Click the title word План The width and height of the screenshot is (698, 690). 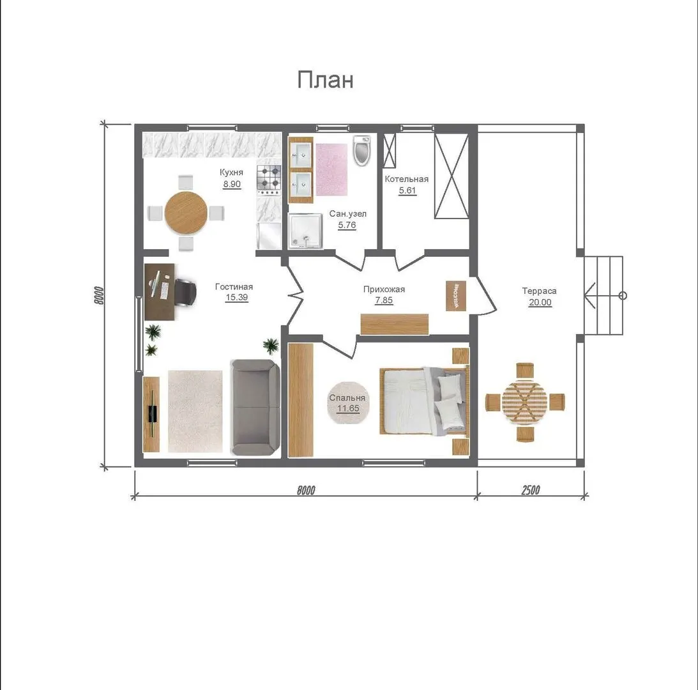point(326,80)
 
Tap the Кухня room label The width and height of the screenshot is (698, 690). point(231,172)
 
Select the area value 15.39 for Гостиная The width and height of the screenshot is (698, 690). point(236,297)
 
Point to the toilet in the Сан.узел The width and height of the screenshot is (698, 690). point(361,151)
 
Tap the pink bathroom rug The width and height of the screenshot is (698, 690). point(331,169)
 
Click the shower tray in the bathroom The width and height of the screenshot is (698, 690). point(305,231)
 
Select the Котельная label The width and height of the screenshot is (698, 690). point(406,179)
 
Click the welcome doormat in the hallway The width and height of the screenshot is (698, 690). point(456,296)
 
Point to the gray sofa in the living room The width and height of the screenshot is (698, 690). point(255,407)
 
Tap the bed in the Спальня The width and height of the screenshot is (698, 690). point(424,400)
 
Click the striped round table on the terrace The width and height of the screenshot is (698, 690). point(525,402)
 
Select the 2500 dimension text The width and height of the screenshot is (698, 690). point(531,490)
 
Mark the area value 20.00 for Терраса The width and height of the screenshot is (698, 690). point(540,302)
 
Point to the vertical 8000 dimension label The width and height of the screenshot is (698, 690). point(99,295)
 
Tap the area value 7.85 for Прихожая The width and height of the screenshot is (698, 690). point(384,300)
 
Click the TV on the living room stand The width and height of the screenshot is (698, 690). point(152,414)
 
